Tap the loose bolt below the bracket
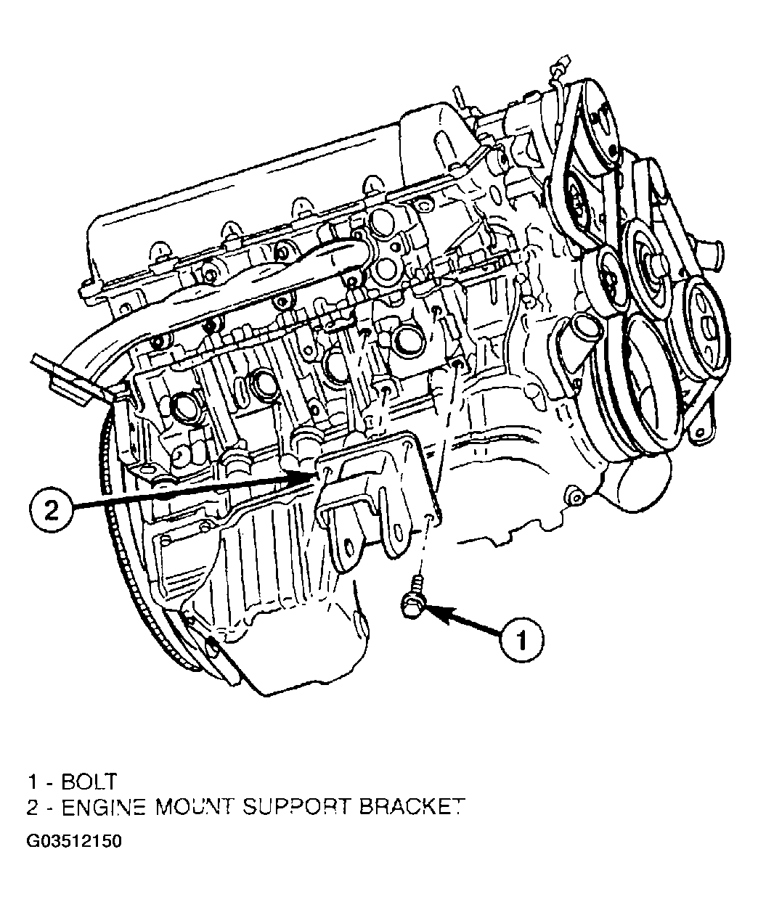coord(415,597)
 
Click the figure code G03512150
coord(74,841)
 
